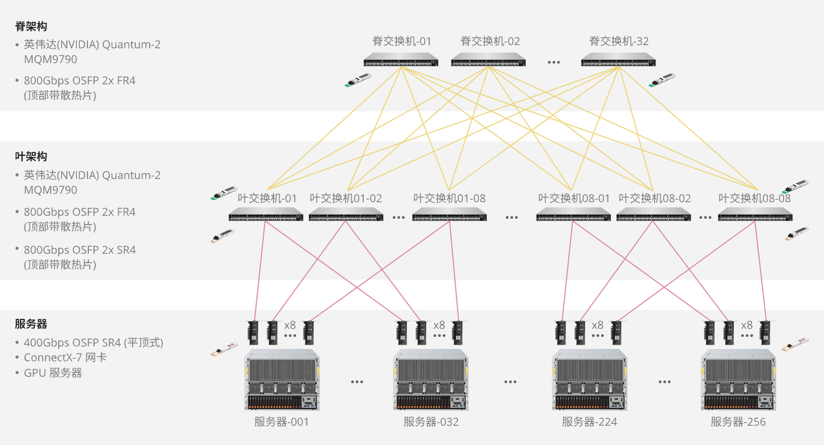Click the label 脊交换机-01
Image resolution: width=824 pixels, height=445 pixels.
pyautogui.click(x=402, y=41)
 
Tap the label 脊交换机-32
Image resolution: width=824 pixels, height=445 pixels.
pyautogui.click(x=619, y=41)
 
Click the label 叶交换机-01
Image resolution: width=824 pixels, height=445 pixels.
pyautogui.click(x=267, y=198)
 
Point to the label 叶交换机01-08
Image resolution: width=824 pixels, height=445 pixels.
pyautogui.click(x=449, y=198)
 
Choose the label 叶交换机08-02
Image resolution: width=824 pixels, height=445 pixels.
pyautogui.click(x=654, y=198)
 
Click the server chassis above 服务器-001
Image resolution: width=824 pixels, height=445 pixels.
pyautogui.click(x=282, y=380)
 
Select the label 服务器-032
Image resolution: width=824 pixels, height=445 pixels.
pyautogui.click(x=431, y=422)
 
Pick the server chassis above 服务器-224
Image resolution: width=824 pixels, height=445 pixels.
pyautogui.click(x=590, y=380)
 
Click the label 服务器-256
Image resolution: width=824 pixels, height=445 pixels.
pyautogui.click(x=738, y=422)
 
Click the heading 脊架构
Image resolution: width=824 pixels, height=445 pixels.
pyautogui.click(x=31, y=26)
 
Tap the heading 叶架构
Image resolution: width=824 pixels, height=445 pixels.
pyautogui.click(x=31, y=156)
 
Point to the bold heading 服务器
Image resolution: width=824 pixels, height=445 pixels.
pyautogui.click(x=31, y=324)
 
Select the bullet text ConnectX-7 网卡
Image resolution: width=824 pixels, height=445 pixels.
pyautogui.click(x=65, y=357)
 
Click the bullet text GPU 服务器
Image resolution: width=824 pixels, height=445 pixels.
pyautogui.click(x=53, y=373)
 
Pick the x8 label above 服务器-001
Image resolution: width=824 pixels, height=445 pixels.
pyautogui.click(x=290, y=325)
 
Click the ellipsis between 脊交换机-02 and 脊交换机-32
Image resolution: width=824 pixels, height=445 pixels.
pyautogui.click(x=554, y=62)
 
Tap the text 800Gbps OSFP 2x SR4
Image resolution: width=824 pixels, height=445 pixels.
pyautogui.click(x=80, y=250)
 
